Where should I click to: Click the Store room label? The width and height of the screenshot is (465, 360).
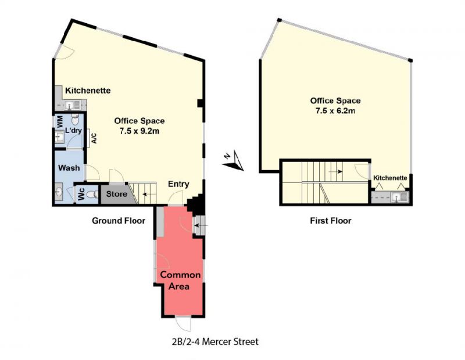click(x=117, y=194)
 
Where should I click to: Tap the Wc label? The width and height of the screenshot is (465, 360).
click(x=81, y=194)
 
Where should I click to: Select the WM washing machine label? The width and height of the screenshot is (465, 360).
click(x=60, y=122)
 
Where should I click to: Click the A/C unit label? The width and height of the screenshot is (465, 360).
click(x=94, y=138)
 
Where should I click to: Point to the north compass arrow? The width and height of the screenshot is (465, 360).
click(x=233, y=161)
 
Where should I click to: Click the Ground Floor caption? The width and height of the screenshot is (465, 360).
click(x=119, y=221)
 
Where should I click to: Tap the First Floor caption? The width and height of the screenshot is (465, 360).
click(x=331, y=221)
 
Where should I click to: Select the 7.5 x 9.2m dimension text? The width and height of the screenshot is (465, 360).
click(x=139, y=131)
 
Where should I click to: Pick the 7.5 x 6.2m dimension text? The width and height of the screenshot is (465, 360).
click(x=335, y=111)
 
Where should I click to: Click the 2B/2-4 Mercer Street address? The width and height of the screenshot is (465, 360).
click(x=215, y=341)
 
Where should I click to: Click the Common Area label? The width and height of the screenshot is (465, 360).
click(x=180, y=280)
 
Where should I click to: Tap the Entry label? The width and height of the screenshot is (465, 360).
click(x=178, y=184)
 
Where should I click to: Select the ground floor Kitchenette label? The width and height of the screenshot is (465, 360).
click(x=88, y=91)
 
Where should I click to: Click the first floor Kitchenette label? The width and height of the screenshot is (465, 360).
click(x=390, y=178)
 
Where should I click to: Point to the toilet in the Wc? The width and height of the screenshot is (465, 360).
click(x=94, y=195)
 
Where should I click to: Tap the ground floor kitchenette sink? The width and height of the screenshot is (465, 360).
click(x=73, y=105)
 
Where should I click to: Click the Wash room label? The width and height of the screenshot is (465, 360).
click(x=69, y=168)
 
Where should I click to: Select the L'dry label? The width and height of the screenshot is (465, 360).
click(x=74, y=131)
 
